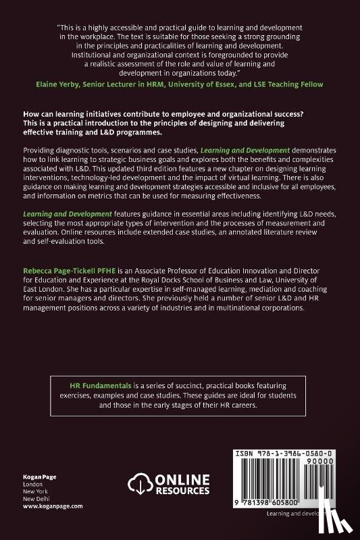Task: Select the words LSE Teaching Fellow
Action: [x=290, y=84]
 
